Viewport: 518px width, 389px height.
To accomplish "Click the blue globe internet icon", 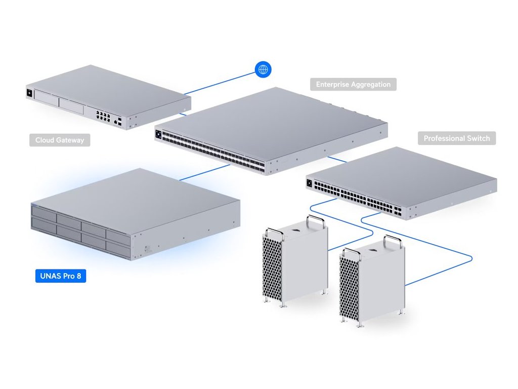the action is pyautogui.click(x=263, y=69).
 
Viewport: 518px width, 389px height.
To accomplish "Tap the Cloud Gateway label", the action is pyautogui.click(x=60, y=140).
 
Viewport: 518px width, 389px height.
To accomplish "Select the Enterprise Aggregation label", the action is pyautogui.click(x=353, y=85).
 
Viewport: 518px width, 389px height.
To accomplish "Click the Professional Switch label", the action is pyautogui.click(x=457, y=138).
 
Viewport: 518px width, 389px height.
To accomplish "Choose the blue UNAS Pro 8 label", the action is pyautogui.click(x=61, y=276).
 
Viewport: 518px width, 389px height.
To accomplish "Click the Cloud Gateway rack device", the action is pyautogui.click(x=108, y=97).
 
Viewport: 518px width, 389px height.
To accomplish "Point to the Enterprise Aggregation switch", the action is pyautogui.click(x=271, y=131).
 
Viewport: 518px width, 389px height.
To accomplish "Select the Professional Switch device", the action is pyautogui.click(x=401, y=183).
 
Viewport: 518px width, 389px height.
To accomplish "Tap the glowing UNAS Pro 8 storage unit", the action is pyautogui.click(x=136, y=214).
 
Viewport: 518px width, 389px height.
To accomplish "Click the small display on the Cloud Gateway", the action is pyautogui.click(x=29, y=93).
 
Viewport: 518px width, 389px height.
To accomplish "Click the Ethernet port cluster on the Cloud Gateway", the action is pyautogui.click(x=103, y=115).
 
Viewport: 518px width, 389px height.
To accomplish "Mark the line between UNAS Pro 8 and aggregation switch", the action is pyautogui.click(x=205, y=172).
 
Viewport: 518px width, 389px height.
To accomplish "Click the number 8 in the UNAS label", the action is pyautogui.click(x=79, y=276).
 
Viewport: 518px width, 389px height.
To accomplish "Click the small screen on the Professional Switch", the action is pyautogui.click(x=310, y=183).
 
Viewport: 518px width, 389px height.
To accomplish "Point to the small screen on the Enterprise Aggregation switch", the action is pyautogui.click(x=158, y=134).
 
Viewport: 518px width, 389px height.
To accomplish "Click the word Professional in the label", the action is pyautogui.click(x=445, y=138).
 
